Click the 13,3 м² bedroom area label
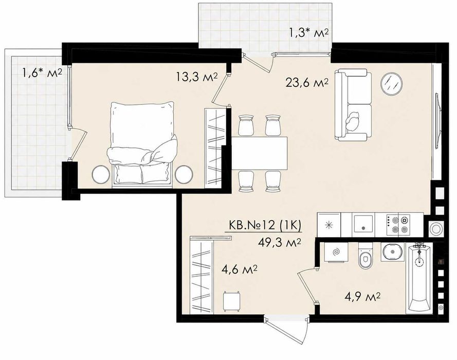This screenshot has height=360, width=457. click(x=196, y=77)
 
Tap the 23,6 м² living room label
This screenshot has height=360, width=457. click(x=307, y=83)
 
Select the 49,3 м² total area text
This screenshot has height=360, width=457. click(x=280, y=242)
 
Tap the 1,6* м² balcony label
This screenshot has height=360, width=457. click(x=42, y=73)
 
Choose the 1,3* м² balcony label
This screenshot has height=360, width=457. click(x=309, y=32)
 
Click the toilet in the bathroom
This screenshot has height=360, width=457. click(x=365, y=256)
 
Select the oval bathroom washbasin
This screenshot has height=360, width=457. click(x=392, y=252)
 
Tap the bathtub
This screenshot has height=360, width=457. click(x=419, y=278)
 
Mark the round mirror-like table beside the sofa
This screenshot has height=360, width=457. click(x=392, y=83)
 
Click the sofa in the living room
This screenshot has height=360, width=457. click(x=353, y=105)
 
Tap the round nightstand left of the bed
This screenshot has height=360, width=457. click(x=100, y=174)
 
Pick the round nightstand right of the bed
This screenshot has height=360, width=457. click(x=184, y=174)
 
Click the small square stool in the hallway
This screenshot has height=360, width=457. click(x=232, y=300)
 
